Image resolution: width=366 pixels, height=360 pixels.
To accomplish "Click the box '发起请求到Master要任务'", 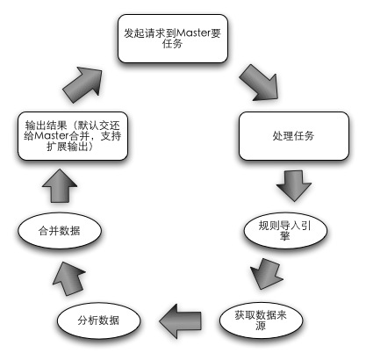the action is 173,39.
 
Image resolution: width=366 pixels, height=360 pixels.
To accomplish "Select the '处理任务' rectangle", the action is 294,136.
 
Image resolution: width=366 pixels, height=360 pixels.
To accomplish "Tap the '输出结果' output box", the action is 73,136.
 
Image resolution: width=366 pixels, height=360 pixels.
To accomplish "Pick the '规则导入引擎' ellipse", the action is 285,230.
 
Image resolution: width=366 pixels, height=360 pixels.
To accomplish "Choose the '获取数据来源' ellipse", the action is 261,320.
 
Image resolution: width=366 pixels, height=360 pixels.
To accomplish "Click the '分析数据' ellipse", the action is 98,320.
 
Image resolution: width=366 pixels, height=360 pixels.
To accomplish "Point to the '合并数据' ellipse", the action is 60,230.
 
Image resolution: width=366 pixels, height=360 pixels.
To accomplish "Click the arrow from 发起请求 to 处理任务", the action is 259,83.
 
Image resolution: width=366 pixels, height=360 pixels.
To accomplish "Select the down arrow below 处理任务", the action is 294,185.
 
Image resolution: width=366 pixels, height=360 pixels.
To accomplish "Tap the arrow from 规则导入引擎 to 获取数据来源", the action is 266,274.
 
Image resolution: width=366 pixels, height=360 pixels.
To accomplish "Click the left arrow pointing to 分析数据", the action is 180,320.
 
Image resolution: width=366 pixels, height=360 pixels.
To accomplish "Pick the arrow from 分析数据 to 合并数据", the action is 69,278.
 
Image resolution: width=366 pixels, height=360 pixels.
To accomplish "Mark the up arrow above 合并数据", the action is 60,185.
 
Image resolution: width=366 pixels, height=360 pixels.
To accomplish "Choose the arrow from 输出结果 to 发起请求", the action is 83,84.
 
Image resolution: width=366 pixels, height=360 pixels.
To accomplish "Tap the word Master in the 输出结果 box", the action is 51,136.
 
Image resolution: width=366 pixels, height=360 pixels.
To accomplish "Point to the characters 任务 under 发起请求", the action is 173,44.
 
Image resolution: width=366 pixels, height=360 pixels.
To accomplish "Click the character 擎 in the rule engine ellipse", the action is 285,236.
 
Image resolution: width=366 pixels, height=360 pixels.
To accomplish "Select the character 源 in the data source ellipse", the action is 261,326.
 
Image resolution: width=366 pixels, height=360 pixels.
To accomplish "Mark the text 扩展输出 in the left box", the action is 68,147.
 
